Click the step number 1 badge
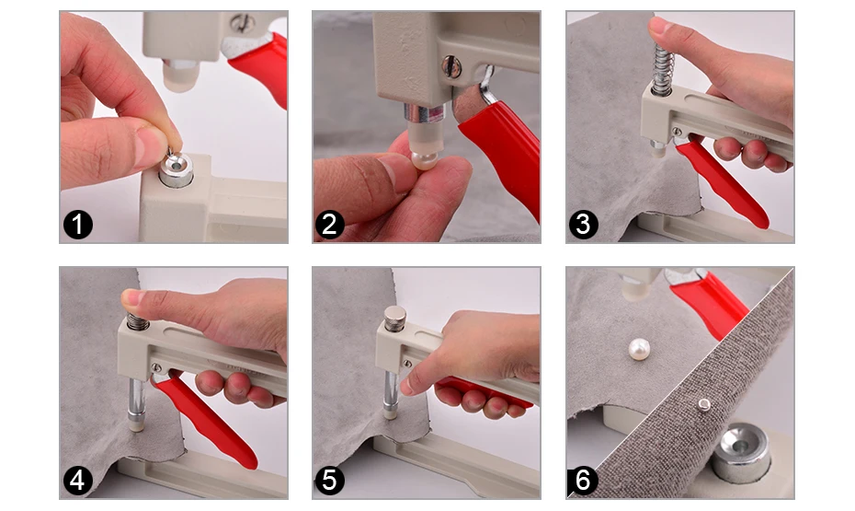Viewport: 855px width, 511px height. point(78,225)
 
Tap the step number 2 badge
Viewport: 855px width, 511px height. point(330,225)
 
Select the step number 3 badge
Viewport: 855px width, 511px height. point(584,225)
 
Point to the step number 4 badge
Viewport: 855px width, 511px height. point(78,481)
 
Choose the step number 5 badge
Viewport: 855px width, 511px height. point(330,481)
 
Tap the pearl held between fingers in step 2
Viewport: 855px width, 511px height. point(424,160)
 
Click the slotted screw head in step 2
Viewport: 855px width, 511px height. point(451,67)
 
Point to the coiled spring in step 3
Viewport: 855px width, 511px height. point(663,69)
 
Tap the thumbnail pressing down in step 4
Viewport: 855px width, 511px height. point(132,297)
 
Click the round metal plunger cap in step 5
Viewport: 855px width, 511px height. point(395,319)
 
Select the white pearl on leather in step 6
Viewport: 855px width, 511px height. point(639,349)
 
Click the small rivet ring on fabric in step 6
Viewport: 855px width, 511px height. point(704,404)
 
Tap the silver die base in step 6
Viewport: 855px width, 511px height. point(741,453)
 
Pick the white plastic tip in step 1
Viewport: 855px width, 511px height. point(180,76)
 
